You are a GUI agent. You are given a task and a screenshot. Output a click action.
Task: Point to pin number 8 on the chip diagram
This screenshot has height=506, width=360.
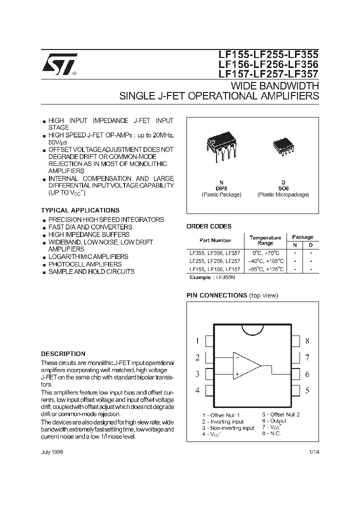[307, 341]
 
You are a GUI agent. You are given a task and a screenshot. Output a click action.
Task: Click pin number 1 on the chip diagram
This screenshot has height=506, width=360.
[197, 341]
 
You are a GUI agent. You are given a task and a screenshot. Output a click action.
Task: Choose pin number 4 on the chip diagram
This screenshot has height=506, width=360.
[197, 390]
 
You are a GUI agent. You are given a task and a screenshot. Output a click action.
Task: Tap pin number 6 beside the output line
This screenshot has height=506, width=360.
[307, 374]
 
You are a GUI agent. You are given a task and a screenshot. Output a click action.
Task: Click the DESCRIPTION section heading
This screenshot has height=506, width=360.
[63, 353]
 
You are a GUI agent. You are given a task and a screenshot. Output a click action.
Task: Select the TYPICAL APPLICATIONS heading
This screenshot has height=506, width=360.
[80, 210]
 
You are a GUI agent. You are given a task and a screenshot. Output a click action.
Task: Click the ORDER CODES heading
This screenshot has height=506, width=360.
[209, 226]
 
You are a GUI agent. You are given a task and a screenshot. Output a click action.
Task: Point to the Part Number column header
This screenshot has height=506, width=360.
[215, 240]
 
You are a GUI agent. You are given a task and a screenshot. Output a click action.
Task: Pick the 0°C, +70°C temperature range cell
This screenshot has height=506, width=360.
[265, 253]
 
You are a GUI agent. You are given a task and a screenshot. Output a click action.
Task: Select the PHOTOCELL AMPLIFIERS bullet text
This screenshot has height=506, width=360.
[85, 264]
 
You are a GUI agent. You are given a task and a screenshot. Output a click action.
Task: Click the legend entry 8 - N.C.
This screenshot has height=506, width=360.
[272, 433]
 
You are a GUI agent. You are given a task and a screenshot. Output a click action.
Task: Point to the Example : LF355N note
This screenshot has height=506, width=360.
[212, 276]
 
